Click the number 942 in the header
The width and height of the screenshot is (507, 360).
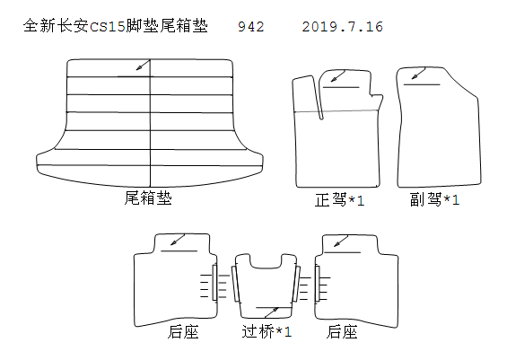pyautogui.click(x=251, y=27)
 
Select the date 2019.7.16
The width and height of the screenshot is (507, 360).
pyautogui.click(x=343, y=27)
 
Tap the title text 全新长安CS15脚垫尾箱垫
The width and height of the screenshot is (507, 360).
pyautogui.click(x=116, y=26)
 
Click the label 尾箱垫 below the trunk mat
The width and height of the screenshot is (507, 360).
pyautogui.click(x=148, y=198)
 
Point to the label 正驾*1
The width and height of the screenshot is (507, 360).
pyautogui.click(x=339, y=200)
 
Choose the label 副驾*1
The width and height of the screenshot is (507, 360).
pyautogui.click(x=434, y=199)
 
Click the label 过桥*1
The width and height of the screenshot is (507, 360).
pyautogui.click(x=267, y=331)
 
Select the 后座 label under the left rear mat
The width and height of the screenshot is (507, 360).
pyautogui.click(x=183, y=332)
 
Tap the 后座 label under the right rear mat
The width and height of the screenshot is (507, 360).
pyautogui.click(x=342, y=332)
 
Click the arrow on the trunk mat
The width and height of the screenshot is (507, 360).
pyautogui.click(x=143, y=65)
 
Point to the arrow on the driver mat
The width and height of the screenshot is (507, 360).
pyautogui.click(x=338, y=76)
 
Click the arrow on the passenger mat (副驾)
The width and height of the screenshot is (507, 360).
pyautogui.click(x=418, y=73)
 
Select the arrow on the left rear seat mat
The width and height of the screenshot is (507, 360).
pyautogui.click(x=178, y=240)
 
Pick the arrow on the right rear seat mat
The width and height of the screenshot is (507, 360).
pyautogui.click(x=341, y=241)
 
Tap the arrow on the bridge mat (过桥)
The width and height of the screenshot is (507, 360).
pyautogui.click(x=271, y=312)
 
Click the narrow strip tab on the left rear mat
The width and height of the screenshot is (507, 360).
pyautogui.click(x=214, y=283)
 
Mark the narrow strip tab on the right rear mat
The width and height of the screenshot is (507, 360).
pyautogui.click(x=317, y=284)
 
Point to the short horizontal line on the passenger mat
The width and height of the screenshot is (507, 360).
pyautogui.click(x=422, y=84)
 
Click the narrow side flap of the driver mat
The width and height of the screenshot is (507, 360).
pyautogui.click(x=308, y=98)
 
